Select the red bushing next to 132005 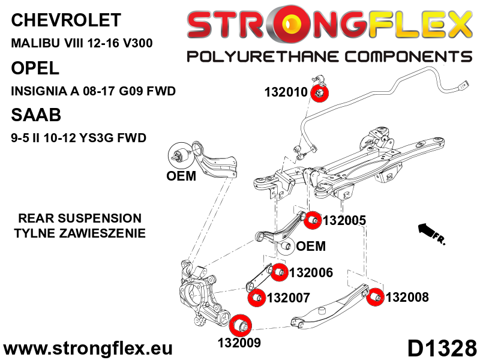click(x=312, y=220)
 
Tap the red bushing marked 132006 click(x=278, y=273)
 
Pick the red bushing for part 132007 click(x=256, y=297)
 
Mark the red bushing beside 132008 click(x=376, y=297)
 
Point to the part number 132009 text click(x=239, y=344)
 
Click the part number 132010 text click(x=286, y=93)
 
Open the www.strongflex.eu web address click(x=88, y=349)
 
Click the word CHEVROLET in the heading click(x=66, y=20)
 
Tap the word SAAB click(x=36, y=115)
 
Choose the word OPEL click(x=35, y=68)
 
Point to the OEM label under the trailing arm click(x=181, y=176)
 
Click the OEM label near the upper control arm click(x=311, y=246)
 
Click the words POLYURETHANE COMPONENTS click(x=329, y=57)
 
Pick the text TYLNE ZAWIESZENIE click(x=80, y=233)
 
